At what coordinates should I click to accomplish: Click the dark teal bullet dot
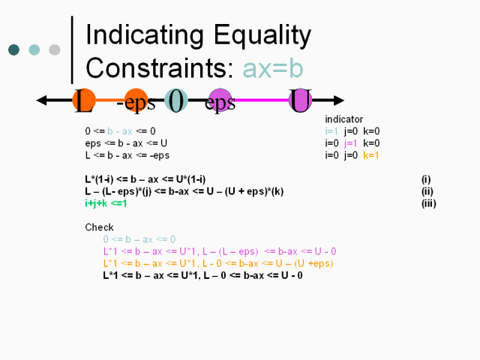coord(13,49)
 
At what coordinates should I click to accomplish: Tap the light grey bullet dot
coord(55,49)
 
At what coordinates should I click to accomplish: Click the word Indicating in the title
coord(145,35)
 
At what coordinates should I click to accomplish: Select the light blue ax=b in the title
coord(273,68)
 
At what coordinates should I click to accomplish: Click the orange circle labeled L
coord(84,100)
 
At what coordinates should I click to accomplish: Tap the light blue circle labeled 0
coord(176,100)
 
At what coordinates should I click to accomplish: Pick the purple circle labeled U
coord(300,100)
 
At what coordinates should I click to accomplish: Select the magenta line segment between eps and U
coord(262,100)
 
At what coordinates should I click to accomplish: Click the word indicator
coord(343,119)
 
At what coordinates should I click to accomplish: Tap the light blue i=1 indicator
coord(331,131)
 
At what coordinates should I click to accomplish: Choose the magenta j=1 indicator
coord(350,143)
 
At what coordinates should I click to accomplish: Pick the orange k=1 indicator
coord(371,155)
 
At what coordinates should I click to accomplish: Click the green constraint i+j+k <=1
coord(106,203)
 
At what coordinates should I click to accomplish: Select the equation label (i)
coord(426,179)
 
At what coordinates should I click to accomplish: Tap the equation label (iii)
coord(428,203)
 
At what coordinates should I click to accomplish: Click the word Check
coord(99,227)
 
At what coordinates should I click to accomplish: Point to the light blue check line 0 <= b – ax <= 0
coord(139,239)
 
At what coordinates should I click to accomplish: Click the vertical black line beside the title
coord(72,50)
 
